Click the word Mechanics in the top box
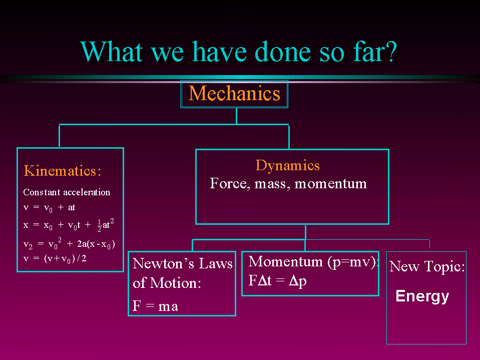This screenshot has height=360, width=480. point(234,93)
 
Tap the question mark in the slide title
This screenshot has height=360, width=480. point(391,52)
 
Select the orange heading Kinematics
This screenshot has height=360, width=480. point(63,171)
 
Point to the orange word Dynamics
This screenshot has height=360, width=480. point(287,165)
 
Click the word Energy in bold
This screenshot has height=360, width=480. point(422,296)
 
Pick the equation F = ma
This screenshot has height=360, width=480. point(155,306)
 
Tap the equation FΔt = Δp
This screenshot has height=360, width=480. point(277,281)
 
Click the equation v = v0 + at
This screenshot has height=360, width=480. point(49,208)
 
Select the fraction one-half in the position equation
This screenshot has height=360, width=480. point(99,225)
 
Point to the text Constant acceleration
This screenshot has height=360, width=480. point(67,192)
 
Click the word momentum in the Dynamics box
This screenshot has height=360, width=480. point(331,184)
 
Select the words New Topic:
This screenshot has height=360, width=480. point(427,266)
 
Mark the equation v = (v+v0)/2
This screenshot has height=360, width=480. point(55,259)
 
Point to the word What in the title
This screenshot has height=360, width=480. point(112,52)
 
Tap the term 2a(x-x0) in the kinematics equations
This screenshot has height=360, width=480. point(96,244)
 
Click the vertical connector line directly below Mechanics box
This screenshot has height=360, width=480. point(236,116)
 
